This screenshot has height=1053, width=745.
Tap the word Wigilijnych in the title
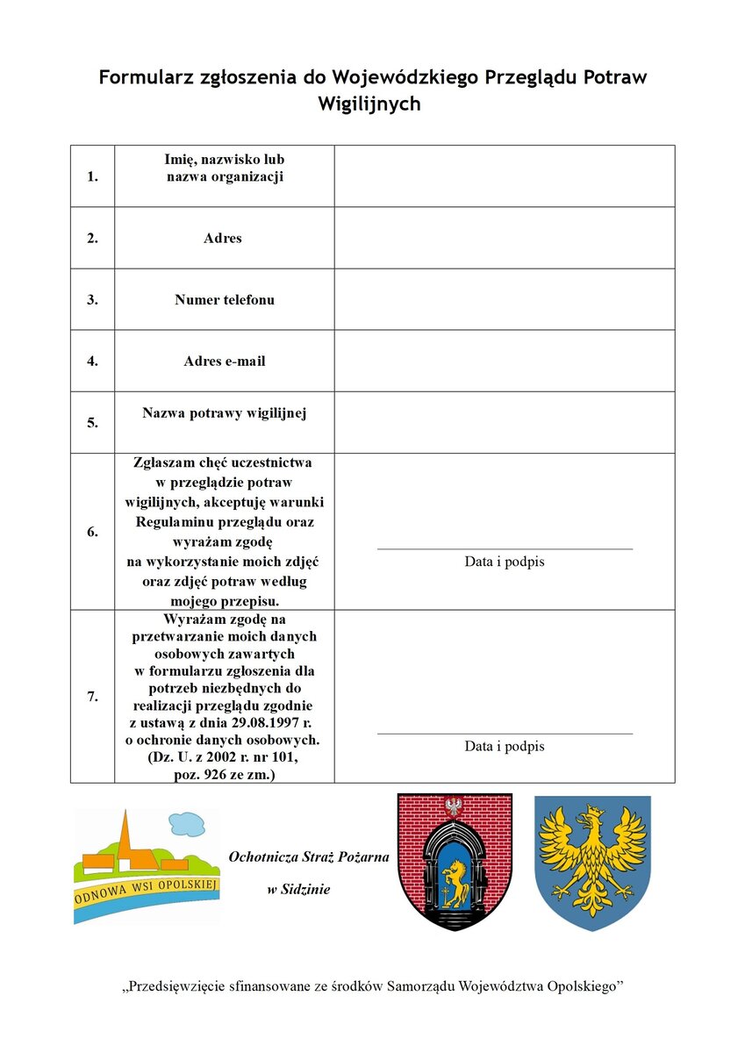pyautogui.click(x=369, y=104)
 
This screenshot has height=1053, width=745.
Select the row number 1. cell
pyautogui.click(x=92, y=176)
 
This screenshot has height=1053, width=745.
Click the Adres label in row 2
pyautogui.click(x=223, y=238)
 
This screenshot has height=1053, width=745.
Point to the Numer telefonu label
pyautogui.click(x=224, y=299)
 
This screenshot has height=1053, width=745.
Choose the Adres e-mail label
pyautogui.click(x=224, y=361)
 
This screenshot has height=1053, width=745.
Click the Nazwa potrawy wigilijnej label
pyautogui.click(x=224, y=412)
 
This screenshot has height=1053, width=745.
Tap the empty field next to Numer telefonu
pyautogui.click(x=505, y=299)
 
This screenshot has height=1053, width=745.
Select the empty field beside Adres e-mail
pyautogui.click(x=505, y=361)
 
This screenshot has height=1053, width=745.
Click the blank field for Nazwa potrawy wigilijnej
pyautogui.click(x=505, y=422)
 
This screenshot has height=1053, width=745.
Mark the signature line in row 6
pyautogui.click(x=505, y=549)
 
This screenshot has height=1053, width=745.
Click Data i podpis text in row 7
pyautogui.click(x=505, y=747)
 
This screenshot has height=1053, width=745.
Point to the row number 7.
pyautogui.click(x=92, y=697)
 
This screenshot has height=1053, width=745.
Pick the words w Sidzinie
pyautogui.click(x=298, y=890)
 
